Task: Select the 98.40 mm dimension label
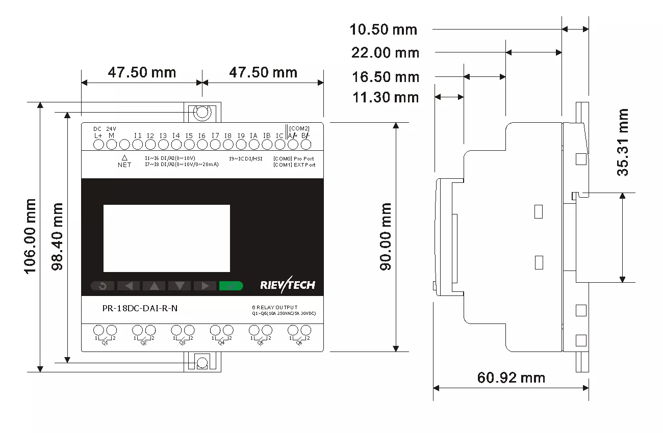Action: pyautogui.click(x=57, y=236)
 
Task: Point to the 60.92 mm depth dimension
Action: pyautogui.click(x=511, y=378)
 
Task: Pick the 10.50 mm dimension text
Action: pyautogui.click(x=383, y=30)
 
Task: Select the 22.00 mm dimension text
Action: pyautogui.click(x=385, y=52)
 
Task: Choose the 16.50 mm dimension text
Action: pyautogui.click(x=385, y=77)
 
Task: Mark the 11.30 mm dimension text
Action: pyautogui.click(x=385, y=97)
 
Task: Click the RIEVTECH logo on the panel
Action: pyautogui.click(x=287, y=285)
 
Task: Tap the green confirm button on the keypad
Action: pyautogui.click(x=231, y=286)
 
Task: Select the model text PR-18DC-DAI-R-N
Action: pyautogui.click(x=137, y=308)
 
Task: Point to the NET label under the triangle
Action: pyautogui.click(x=124, y=165)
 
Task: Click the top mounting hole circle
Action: pyautogui.click(x=202, y=112)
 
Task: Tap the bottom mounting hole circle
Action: pyautogui.click(x=202, y=363)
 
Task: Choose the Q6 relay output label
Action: pyautogui.click(x=299, y=343)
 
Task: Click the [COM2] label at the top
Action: pyautogui.click(x=299, y=128)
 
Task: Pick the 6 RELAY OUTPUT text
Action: pyautogui.click(x=275, y=308)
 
